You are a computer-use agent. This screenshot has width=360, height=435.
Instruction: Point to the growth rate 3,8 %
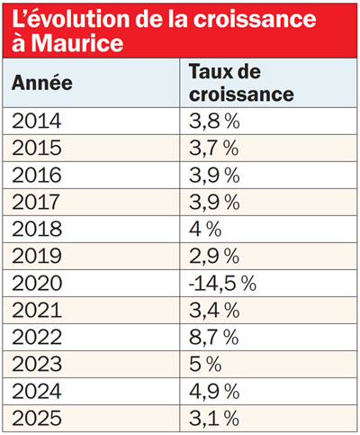[x=213, y=121]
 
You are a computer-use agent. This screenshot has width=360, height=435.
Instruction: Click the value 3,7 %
[x=213, y=148]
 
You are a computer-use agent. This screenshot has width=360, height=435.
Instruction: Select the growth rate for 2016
[x=214, y=175]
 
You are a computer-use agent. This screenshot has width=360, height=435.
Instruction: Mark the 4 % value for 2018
[x=204, y=229]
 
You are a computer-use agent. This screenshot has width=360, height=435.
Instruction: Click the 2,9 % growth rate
[x=214, y=256]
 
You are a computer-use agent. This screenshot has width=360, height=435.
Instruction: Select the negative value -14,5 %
[x=222, y=283]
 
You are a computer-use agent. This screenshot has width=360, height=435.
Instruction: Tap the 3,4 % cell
[x=214, y=309]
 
